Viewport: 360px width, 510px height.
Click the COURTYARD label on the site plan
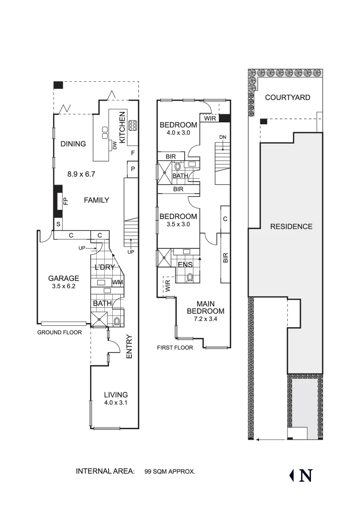[x=287, y=98]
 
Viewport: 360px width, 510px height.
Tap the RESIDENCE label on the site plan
[x=291, y=227]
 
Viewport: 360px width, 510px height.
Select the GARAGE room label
[x=64, y=278]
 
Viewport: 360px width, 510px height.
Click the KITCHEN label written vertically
[x=122, y=127]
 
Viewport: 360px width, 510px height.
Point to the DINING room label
[x=73, y=144]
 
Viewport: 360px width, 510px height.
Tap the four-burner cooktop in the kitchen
[x=133, y=125]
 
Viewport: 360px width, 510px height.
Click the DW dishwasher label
[x=114, y=145]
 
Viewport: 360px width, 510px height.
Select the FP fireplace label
[x=66, y=201]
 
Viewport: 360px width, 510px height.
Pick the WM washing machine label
[x=117, y=282]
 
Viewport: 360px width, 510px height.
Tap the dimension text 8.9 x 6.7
[x=81, y=174]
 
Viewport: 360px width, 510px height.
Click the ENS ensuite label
[x=185, y=265]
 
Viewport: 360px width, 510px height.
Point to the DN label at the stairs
[x=223, y=137]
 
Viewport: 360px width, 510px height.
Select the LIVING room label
[x=116, y=395]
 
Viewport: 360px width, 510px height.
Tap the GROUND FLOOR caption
[x=59, y=332]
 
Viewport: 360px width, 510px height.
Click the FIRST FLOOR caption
[x=175, y=348]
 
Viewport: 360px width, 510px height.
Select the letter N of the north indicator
[x=305, y=476]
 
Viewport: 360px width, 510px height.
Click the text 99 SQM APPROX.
[x=170, y=471]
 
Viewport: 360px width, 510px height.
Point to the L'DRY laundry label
[x=106, y=267]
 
